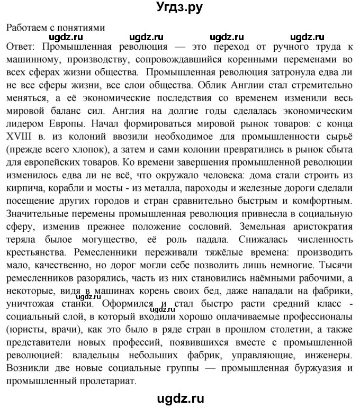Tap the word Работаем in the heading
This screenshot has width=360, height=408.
[x=26, y=28]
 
